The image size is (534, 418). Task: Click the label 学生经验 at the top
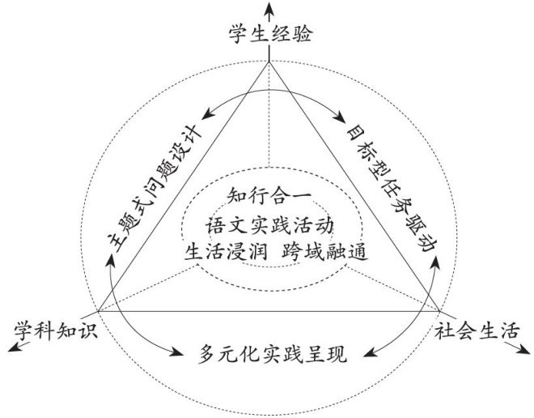(269, 36)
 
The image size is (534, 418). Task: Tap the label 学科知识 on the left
(53, 331)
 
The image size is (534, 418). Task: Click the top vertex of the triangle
(269, 66)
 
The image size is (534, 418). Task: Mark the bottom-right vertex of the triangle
(441, 312)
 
